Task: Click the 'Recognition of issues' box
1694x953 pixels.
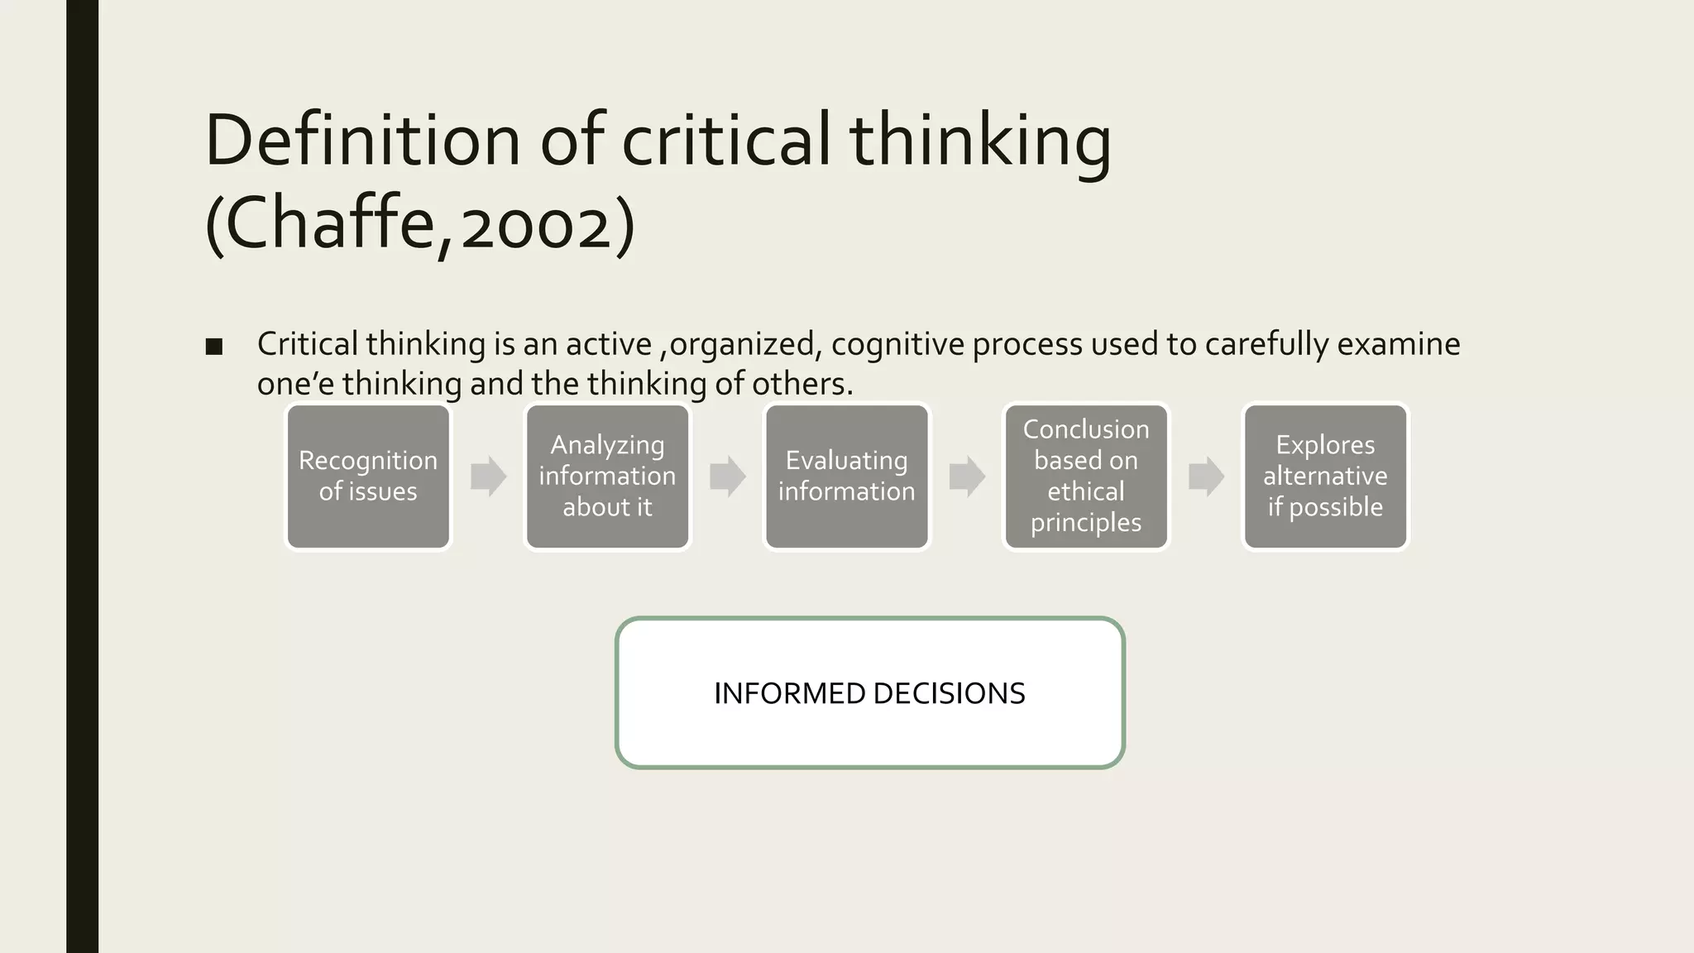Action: click(x=368, y=476)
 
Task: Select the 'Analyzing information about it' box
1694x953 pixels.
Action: click(x=607, y=476)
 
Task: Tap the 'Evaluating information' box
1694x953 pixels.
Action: click(x=846, y=476)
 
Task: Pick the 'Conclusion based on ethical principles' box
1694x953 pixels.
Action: click(x=1085, y=476)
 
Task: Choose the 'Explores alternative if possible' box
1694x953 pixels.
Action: click(x=1325, y=476)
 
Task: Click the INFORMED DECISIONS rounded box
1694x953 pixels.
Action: click(x=869, y=692)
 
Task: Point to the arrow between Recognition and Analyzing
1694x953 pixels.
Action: click(x=488, y=476)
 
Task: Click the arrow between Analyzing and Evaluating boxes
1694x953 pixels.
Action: click(x=727, y=476)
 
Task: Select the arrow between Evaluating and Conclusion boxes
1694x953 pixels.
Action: click(x=966, y=476)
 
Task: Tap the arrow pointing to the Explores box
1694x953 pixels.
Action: click(x=1205, y=476)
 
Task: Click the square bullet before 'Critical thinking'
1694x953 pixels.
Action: click(x=214, y=347)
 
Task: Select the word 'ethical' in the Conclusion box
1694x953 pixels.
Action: click(x=1085, y=491)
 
